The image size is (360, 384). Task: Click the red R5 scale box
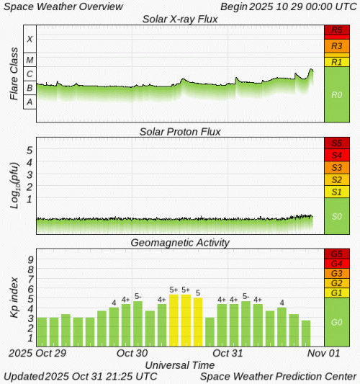[x=336, y=31]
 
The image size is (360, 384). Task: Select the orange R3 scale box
[x=336, y=45]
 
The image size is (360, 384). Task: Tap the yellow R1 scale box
[x=336, y=61]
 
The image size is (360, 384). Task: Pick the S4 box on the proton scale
[x=336, y=155]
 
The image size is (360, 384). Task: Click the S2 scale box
[x=336, y=179]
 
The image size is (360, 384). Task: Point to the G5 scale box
[x=336, y=254]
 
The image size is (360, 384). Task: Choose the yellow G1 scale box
[x=336, y=293]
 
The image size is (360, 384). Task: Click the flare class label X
[x=30, y=39]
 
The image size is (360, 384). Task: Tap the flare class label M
[x=30, y=59]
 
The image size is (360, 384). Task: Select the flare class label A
[x=30, y=102]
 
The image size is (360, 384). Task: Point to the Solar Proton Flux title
[x=179, y=131]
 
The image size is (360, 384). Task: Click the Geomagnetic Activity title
[x=179, y=243]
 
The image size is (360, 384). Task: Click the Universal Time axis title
[x=180, y=365]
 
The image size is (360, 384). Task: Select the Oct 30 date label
[x=132, y=354]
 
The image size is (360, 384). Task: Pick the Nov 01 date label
[x=323, y=354]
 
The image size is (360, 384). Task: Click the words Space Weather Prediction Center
[x=278, y=376]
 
